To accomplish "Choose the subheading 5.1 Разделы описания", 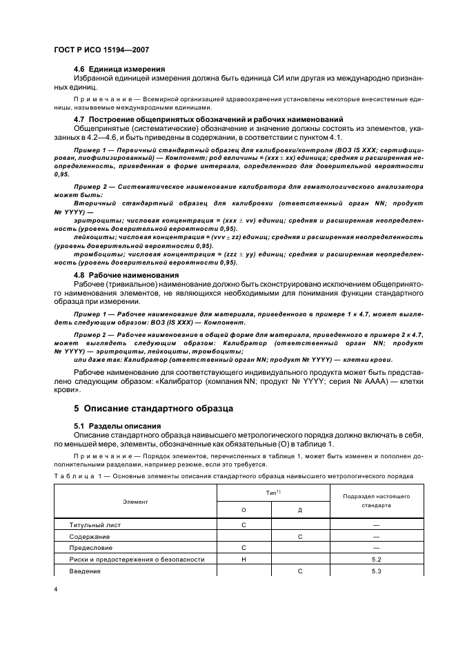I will (x=117, y=426).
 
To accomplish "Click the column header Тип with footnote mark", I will (x=272, y=493).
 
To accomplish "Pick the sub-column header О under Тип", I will (x=244, y=510).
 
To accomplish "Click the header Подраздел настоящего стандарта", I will (x=376, y=500).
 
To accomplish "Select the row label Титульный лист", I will (x=95, y=525).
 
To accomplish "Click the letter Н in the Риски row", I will (x=244, y=559).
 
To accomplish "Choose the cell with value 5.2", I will (x=376, y=559).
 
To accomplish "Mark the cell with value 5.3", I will (x=376, y=571).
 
